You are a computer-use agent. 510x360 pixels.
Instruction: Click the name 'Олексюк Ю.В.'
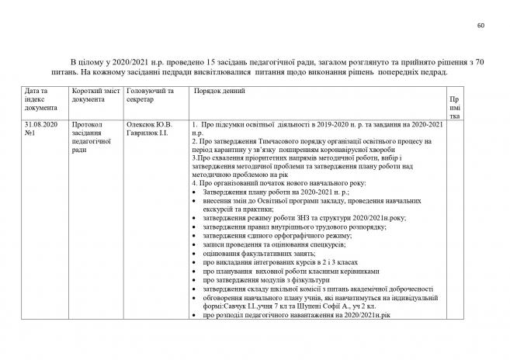point(149,124)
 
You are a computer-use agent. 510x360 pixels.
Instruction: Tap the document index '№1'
point(32,133)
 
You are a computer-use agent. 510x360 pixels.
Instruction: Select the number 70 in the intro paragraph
point(481,60)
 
